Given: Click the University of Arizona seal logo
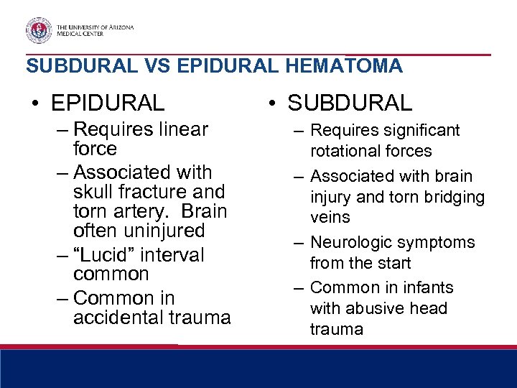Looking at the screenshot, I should click(39, 29).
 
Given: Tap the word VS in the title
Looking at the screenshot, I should click(157, 66).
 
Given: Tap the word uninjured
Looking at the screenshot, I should click(164, 231).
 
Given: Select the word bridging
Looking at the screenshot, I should click(454, 197).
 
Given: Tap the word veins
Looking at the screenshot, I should click(330, 217).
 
